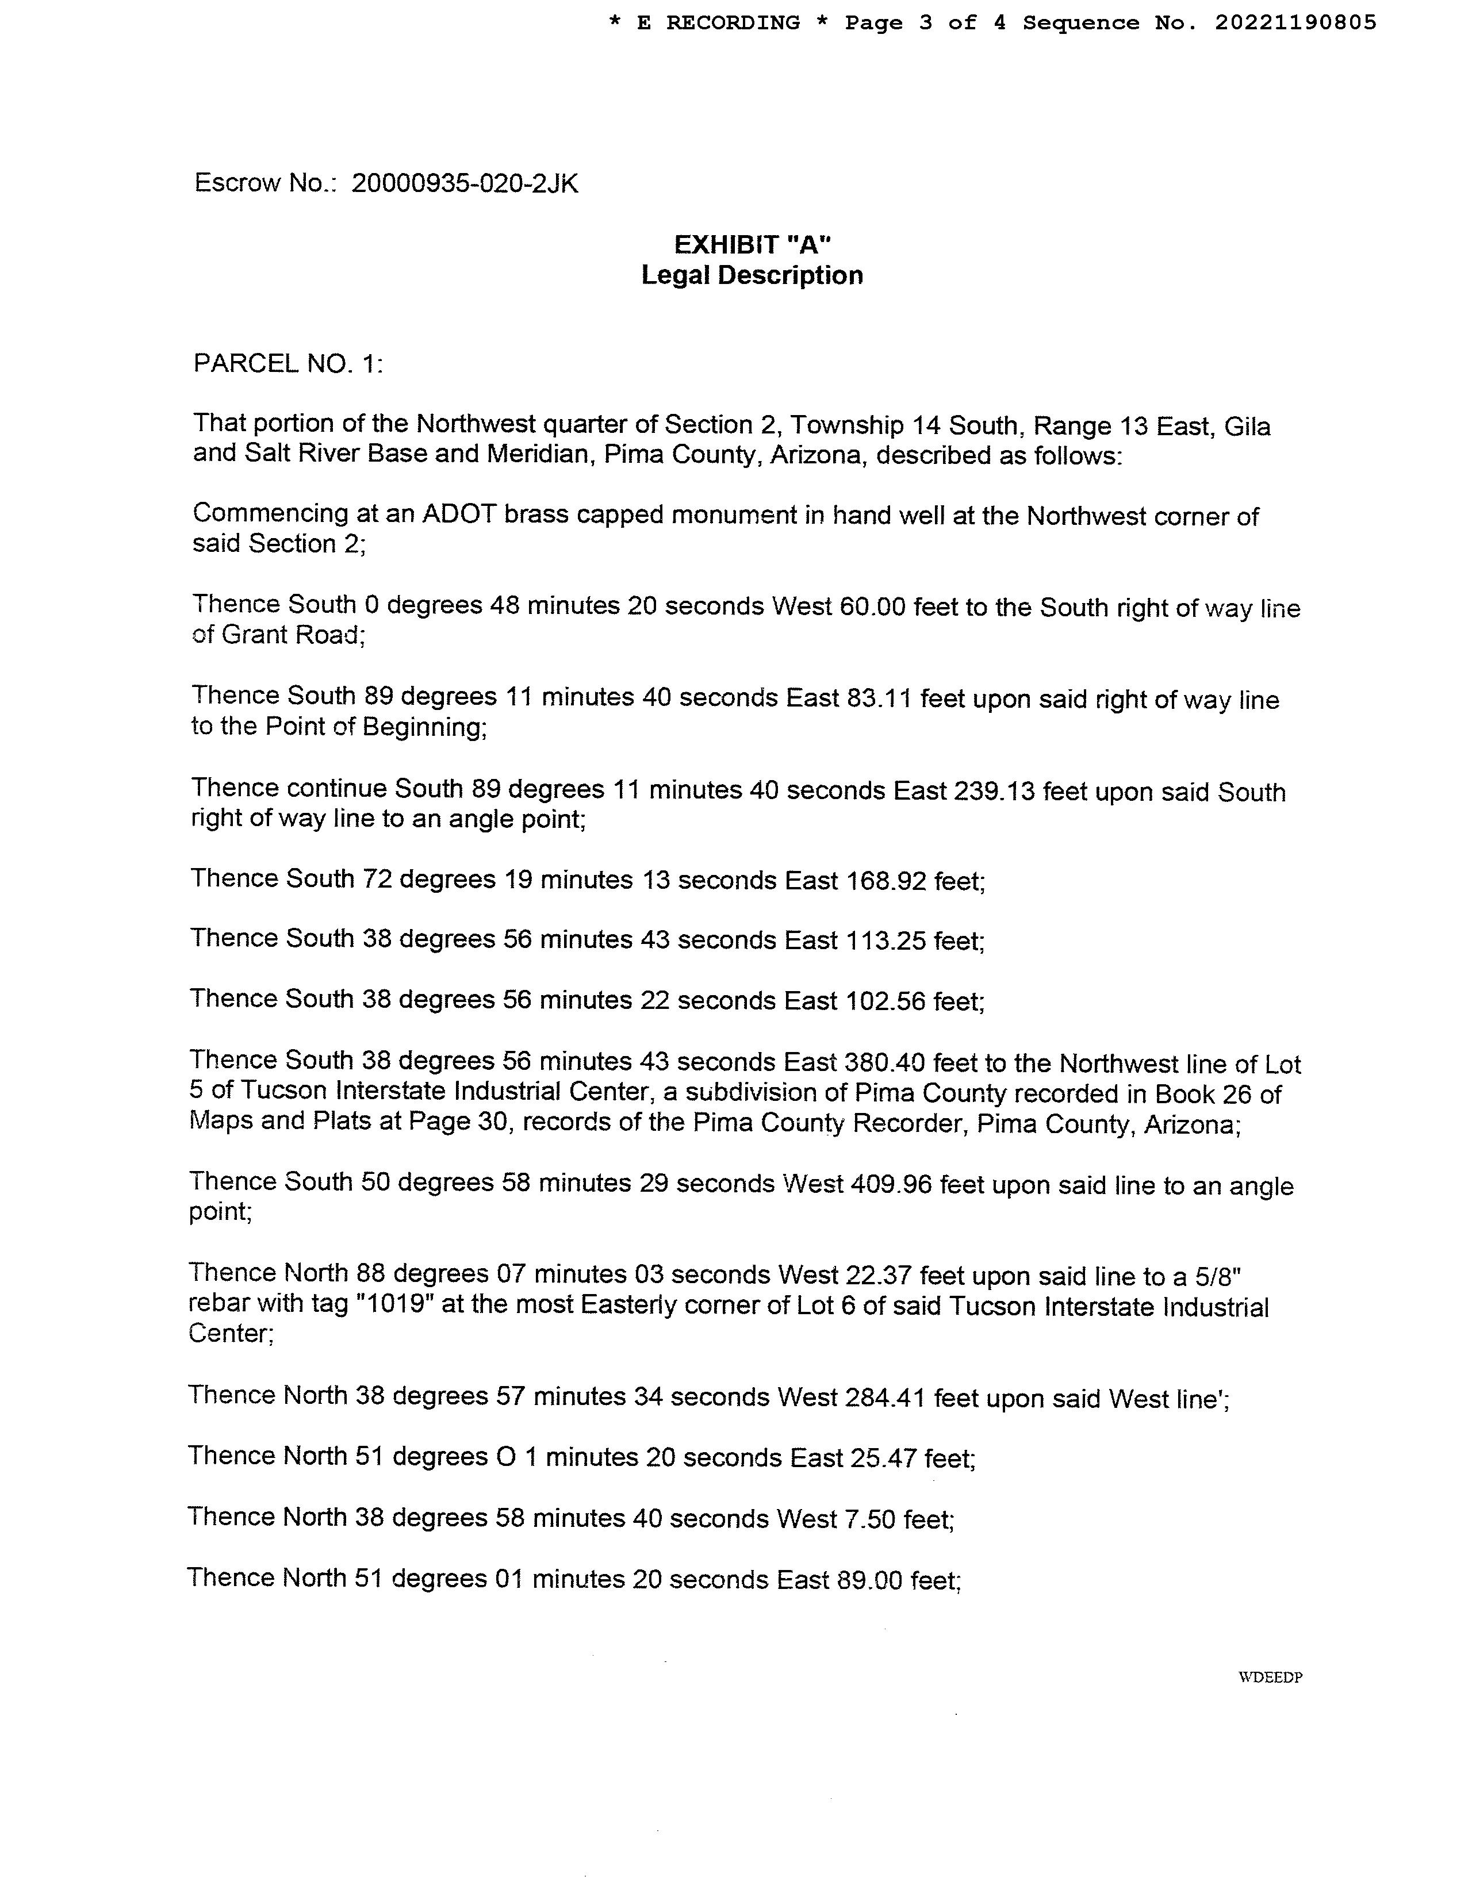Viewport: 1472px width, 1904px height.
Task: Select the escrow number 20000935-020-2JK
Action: click(x=464, y=184)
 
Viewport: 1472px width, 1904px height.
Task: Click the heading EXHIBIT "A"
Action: click(x=752, y=245)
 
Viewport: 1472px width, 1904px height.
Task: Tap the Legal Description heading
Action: click(x=752, y=275)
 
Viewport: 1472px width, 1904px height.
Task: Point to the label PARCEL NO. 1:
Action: click(x=287, y=363)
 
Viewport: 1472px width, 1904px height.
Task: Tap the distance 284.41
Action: click(x=885, y=1398)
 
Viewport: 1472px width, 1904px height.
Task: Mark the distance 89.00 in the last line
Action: click(x=869, y=1580)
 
